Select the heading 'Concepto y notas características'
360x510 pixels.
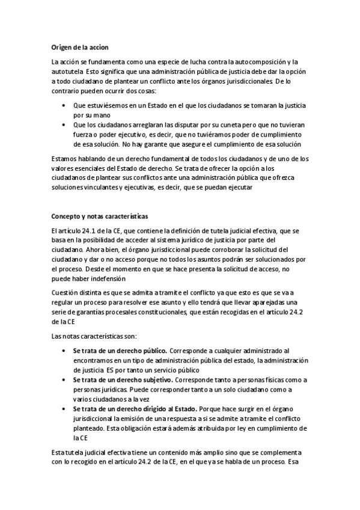point(99,216)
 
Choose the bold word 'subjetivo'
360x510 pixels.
point(158,379)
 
